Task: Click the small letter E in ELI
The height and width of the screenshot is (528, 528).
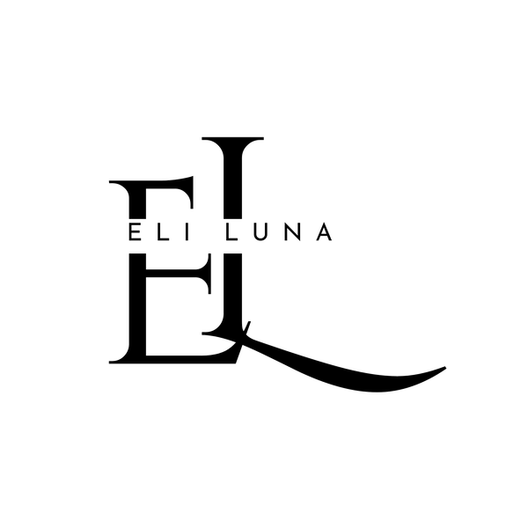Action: tap(134, 232)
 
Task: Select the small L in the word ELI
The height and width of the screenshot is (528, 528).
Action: tap(162, 232)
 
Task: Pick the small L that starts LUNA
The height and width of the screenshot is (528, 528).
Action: tap(231, 232)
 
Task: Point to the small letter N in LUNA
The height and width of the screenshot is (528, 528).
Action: tap(292, 232)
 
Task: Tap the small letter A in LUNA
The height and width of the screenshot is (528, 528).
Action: tap(324, 232)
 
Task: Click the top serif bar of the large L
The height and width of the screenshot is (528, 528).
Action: tap(232, 138)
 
